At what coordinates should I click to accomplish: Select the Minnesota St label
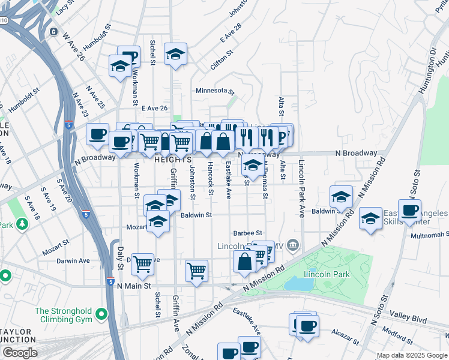tap(214, 91)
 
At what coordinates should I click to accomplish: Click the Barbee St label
tap(248, 233)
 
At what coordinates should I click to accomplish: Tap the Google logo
tap(19, 353)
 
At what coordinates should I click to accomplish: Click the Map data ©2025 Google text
tap(412, 355)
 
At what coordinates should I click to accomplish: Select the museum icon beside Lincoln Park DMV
tap(292, 244)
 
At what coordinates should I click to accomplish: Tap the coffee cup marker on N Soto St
tap(409, 211)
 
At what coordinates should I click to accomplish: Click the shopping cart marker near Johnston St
tap(196, 271)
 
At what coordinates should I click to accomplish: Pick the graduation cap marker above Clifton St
tap(175, 54)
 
